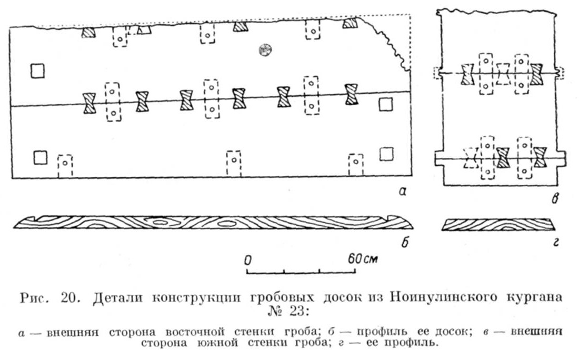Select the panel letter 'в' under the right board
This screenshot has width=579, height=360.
[554, 198]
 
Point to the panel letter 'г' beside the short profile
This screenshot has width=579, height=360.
[555, 243]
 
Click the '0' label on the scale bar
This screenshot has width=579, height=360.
[247, 260]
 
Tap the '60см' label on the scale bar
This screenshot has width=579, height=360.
[363, 259]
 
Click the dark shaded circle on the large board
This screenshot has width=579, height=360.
[265, 50]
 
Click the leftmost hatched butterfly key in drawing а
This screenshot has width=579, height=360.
[89, 103]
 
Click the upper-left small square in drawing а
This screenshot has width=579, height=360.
[37, 71]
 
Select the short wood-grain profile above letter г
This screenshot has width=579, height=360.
[498, 225]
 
